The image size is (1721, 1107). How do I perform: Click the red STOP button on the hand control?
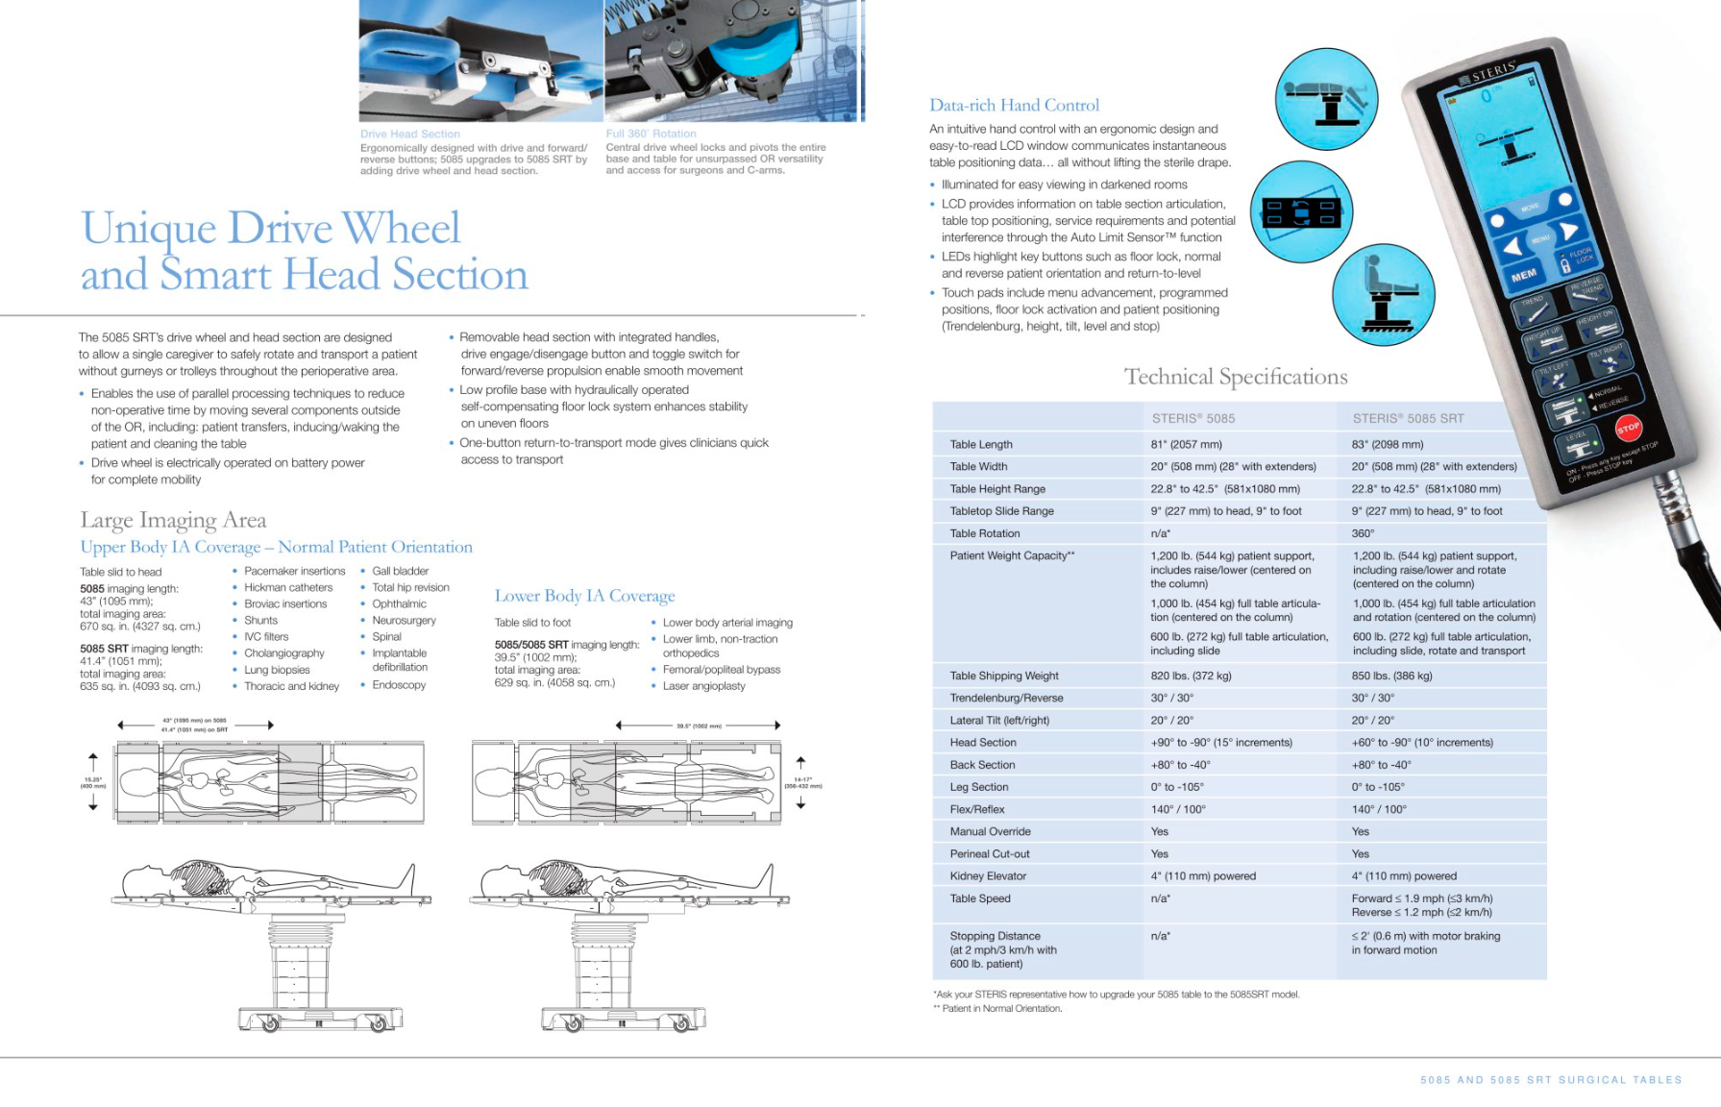tap(1628, 428)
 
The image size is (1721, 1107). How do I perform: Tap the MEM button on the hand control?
tap(1524, 276)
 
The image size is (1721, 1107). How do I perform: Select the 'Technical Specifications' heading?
tap(1236, 377)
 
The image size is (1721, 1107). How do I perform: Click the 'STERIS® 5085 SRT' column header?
tap(1408, 418)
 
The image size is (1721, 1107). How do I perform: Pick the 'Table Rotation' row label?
tap(985, 533)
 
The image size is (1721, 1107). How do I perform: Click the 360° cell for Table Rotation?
tap(1363, 533)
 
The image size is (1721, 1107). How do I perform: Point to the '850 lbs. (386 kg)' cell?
tap(1391, 676)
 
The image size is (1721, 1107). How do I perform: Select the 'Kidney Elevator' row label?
tap(988, 875)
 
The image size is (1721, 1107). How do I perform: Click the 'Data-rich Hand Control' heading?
tap(1014, 106)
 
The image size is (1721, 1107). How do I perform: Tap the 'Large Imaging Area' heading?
tap(173, 520)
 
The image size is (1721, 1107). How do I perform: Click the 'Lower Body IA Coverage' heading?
tap(584, 596)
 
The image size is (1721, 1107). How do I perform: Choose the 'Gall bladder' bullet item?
tap(400, 571)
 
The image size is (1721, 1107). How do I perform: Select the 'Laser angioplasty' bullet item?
tap(703, 686)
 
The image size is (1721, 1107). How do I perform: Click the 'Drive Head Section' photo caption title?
tap(410, 134)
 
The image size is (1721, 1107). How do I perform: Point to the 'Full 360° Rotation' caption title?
tap(651, 134)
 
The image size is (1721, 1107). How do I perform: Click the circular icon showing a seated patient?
tap(1383, 294)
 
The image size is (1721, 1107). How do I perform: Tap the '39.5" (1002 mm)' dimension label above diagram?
tap(699, 726)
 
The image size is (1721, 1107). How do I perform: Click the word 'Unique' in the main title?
tap(148, 229)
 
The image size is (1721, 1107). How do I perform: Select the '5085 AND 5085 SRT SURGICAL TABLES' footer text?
tap(1551, 1080)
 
